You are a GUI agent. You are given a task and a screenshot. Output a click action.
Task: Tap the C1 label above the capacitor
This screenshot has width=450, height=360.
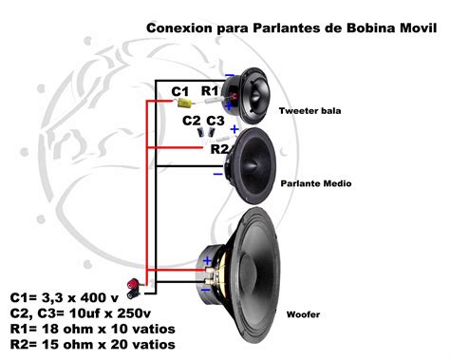pos(180,91)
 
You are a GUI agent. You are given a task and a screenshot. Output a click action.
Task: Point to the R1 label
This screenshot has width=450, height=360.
pos(210,90)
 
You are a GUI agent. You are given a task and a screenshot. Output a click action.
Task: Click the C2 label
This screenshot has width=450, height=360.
pos(191,122)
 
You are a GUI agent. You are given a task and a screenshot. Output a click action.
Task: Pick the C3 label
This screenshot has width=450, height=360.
pos(215,122)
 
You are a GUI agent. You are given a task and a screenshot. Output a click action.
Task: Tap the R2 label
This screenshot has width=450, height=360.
pos(220,149)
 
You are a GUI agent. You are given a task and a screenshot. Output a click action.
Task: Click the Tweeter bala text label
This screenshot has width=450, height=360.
pos(309,111)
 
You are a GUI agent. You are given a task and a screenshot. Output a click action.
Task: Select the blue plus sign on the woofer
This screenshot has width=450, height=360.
pos(207,260)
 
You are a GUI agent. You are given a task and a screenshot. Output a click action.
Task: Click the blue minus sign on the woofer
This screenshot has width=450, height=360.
pos(207,284)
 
